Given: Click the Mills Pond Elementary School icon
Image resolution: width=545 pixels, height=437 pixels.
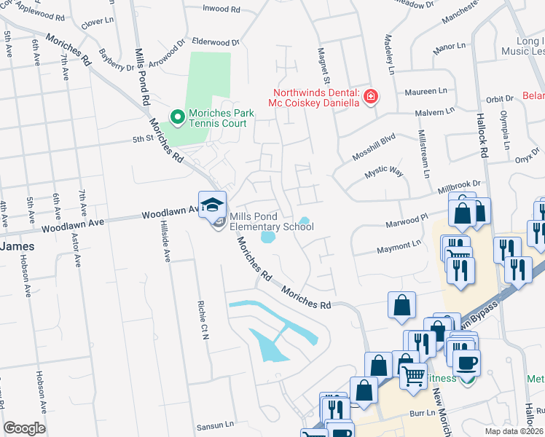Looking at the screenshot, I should [x=213, y=208].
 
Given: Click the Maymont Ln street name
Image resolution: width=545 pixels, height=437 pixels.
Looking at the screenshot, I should [x=399, y=249].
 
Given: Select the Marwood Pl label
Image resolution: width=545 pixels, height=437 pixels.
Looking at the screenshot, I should [x=405, y=219].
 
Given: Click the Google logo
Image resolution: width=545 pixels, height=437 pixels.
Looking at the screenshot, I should [x=24, y=428].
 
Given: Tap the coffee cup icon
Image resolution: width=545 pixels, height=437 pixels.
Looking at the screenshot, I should [x=466, y=362].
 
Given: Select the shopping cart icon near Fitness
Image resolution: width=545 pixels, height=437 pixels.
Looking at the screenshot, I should [x=413, y=377].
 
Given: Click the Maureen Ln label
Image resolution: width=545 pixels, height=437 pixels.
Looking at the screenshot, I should [x=430, y=92].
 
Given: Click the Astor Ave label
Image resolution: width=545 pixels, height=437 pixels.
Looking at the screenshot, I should [x=77, y=247].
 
